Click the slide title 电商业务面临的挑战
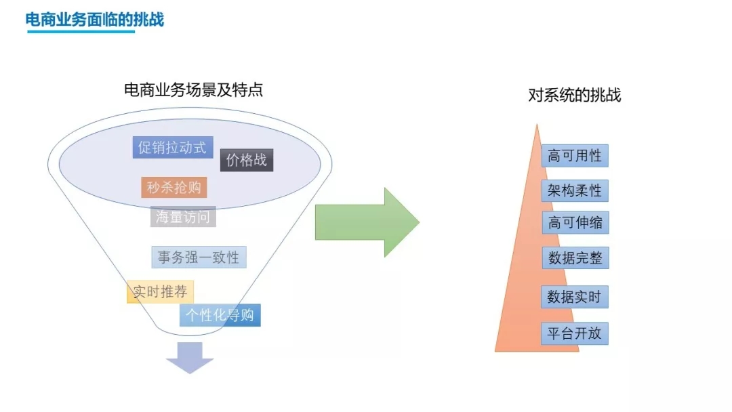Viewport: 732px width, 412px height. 95,19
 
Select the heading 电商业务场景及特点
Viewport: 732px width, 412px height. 193,89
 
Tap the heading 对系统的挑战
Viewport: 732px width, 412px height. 574,95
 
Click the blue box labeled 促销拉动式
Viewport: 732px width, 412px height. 173,147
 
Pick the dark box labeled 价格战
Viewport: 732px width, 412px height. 247,161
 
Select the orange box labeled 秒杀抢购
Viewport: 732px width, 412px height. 174,187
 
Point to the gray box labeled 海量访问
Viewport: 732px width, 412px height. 183,217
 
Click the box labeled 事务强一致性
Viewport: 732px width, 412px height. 199,257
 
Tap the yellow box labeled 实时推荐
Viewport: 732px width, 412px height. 160,292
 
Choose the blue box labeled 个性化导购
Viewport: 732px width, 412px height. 220,315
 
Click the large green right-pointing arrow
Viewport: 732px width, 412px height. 366,222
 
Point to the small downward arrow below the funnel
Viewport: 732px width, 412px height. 190,357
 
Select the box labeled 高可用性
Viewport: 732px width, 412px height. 575,156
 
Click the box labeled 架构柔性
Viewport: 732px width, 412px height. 575,190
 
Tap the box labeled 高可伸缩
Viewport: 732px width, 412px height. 575,223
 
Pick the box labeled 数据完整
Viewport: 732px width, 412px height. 575,258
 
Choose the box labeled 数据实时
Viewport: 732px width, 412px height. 575,297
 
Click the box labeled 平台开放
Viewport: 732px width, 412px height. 575,333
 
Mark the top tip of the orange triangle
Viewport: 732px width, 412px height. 537,125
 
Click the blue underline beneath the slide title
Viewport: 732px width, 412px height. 81,31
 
